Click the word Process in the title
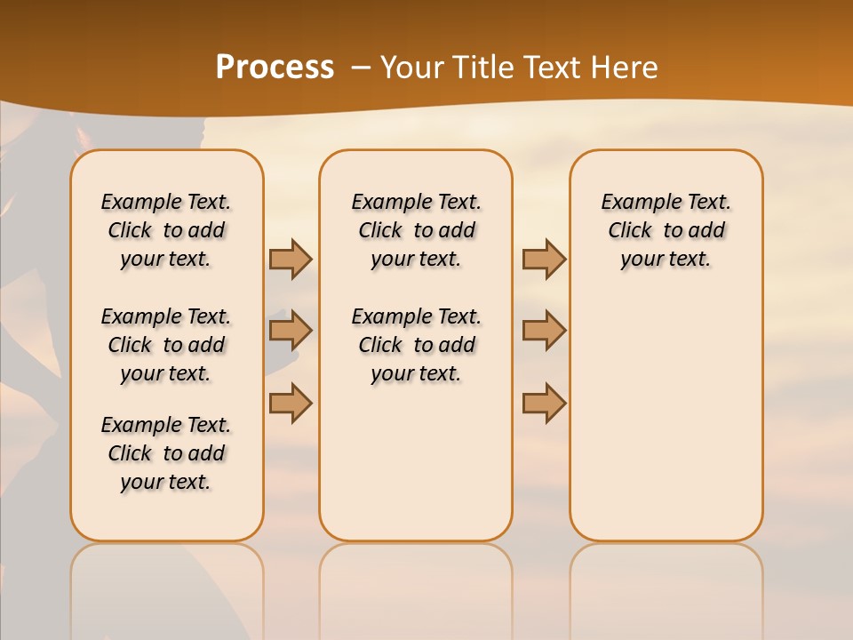(x=275, y=68)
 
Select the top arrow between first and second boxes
(x=291, y=259)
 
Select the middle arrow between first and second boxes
(x=291, y=331)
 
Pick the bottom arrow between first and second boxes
(x=291, y=402)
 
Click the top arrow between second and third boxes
(x=544, y=259)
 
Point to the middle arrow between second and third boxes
(x=544, y=331)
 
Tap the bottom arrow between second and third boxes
(x=544, y=402)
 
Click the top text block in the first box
(x=166, y=230)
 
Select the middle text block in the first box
(x=166, y=345)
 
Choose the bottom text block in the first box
(x=166, y=453)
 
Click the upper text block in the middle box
(x=416, y=230)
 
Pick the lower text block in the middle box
(x=416, y=345)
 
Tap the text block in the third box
(x=666, y=230)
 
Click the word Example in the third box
(x=633, y=203)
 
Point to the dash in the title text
(x=361, y=68)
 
